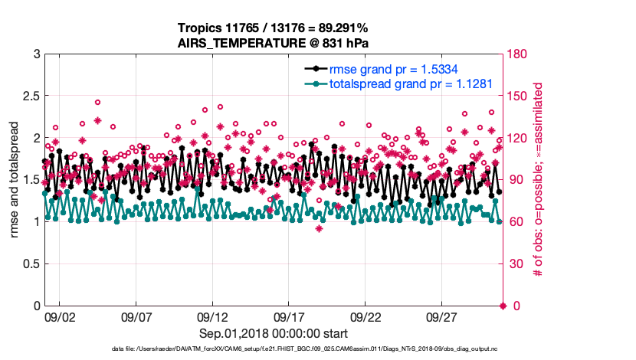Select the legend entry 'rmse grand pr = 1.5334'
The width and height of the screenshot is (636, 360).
click(x=393, y=68)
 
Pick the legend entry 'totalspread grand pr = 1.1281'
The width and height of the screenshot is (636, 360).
click(x=410, y=83)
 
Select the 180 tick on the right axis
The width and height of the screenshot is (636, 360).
click(x=517, y=54)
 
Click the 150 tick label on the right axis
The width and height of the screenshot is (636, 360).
click(x=517, y=97)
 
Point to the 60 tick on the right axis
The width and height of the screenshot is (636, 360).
click(x=514, y=222)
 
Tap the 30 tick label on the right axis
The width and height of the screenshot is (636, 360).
click(x=514, y=264)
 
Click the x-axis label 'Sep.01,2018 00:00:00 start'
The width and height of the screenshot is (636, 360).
click(x=274, y=334)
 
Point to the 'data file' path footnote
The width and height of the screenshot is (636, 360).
click(x=273, y=349)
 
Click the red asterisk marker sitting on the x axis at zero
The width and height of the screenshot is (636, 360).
click(x=503, y=306)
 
